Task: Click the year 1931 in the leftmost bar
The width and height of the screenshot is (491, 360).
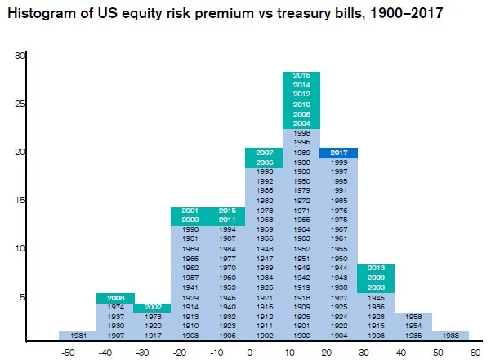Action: point(78,335)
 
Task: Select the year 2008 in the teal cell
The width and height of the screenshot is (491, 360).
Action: point(115,297)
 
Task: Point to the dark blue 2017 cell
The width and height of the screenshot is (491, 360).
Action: point(339,153)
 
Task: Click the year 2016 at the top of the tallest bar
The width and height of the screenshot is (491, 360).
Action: point(301,76)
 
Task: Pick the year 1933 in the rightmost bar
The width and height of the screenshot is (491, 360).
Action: point(450,335)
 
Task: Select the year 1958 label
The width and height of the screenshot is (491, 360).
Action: point(413,316)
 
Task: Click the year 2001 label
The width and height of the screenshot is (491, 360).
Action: point(190,211)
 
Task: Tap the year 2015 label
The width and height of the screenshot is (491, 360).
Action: point(227,211)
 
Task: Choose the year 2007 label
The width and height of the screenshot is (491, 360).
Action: point(265,153)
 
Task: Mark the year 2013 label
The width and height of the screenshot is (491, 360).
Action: point(376,268)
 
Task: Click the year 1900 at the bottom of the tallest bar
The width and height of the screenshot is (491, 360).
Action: point(301,335)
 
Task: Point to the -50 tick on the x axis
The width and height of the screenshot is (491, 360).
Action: point(69,353)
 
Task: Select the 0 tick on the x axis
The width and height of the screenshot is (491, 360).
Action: point(248,353)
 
